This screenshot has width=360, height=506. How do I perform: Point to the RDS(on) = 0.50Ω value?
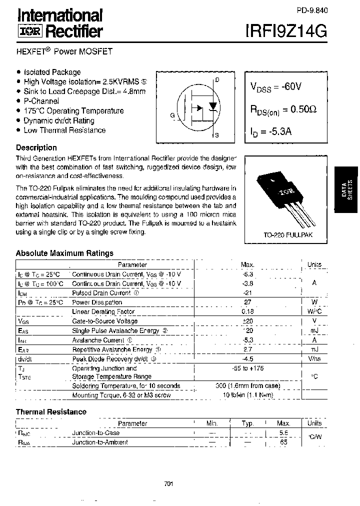coord(283,109)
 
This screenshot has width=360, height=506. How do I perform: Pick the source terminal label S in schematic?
coord(216,135)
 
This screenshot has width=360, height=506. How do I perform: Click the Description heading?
coord(36,147)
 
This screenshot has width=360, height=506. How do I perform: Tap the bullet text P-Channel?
coord(41,101)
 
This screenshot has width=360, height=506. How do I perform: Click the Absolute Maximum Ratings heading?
coord(64,253)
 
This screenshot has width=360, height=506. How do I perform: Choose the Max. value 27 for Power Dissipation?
coord(247,302)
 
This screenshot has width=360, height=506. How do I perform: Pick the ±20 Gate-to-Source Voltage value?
coord(247,321)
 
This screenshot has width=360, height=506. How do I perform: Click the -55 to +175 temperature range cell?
coord(247,368)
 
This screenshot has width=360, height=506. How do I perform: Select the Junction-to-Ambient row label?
coord(100,442)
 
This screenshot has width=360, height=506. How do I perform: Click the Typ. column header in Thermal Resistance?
coord(247,423)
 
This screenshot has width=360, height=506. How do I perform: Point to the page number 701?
coord(168,483)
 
